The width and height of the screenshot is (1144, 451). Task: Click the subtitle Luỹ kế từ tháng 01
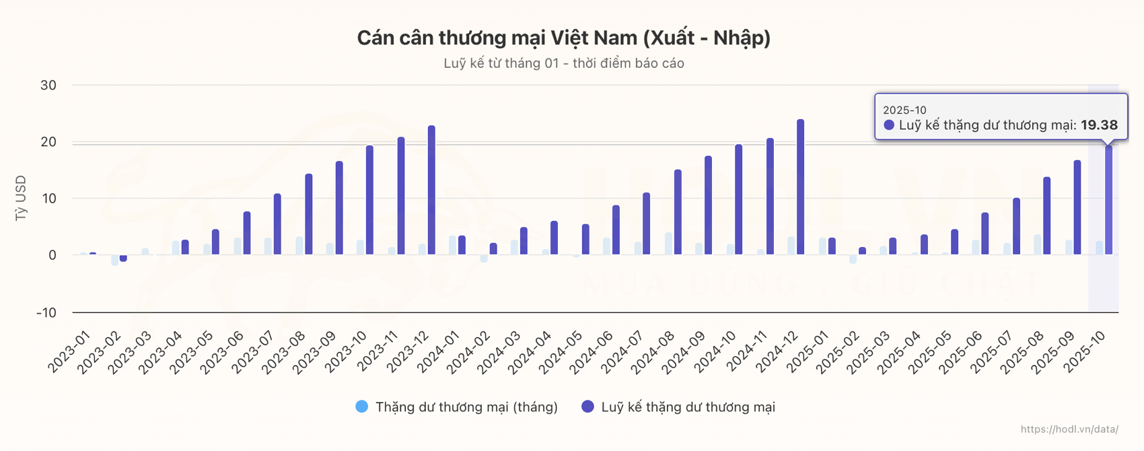[563, 63]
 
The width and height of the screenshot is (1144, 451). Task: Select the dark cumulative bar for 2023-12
[431, 190]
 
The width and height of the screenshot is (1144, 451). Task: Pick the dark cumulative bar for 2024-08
[678, 212]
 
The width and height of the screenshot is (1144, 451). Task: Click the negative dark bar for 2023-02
[123, 258]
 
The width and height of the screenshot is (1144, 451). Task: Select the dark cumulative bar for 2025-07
[1016, 226]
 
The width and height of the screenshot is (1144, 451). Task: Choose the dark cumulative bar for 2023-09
[339, 208]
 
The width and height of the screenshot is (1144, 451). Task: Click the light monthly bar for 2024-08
[668, 244]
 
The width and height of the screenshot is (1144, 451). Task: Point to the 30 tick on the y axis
[48, 85]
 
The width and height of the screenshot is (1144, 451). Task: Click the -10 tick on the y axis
[46, 312]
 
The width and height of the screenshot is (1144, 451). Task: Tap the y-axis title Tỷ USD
[21, 198]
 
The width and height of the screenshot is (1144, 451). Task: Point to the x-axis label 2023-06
[223, 351]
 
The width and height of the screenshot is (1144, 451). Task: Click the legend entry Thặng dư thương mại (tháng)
[457, 407]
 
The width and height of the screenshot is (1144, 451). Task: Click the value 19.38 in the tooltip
[1099, 125]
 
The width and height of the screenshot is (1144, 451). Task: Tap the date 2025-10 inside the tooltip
[904, 110]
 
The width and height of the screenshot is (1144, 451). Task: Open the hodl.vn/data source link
[1069, 429]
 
